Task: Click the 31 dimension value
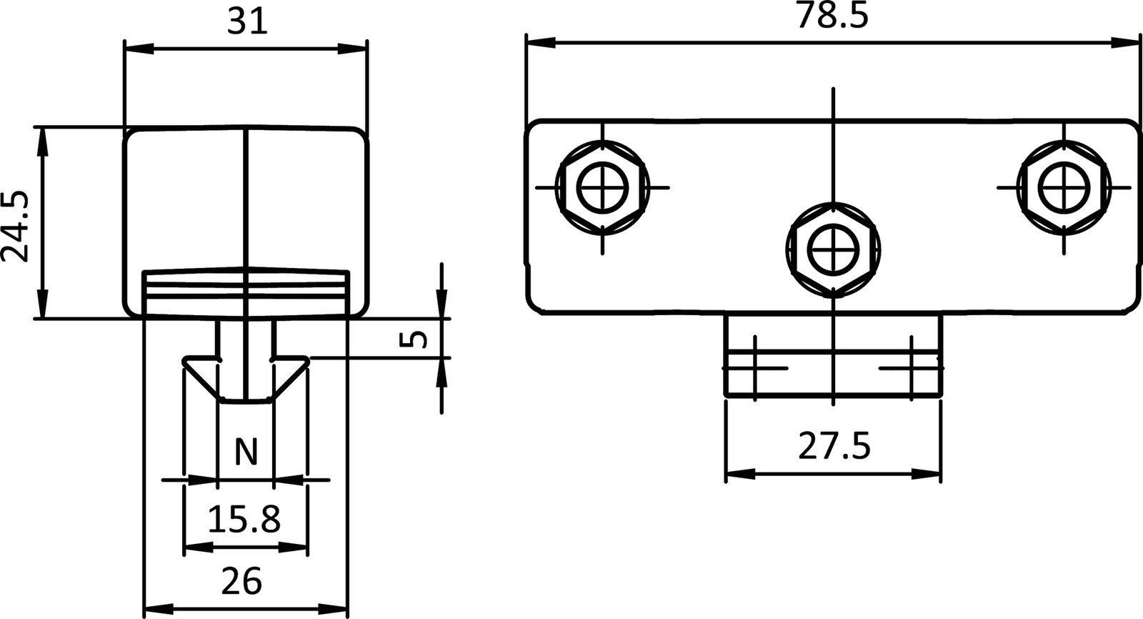pyautogui.click(x=246, y=23)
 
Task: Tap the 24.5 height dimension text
pyautogui.click(x=16, y=227)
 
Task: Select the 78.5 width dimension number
pyautogui.click(x=832, y=16)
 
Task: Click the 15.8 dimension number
pyautogui.click(x=244, y=520)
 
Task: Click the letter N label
pyautogui.click(x=245, y=452)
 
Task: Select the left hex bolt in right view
pyautogui.click(x=602, y=189)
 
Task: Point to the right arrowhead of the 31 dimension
pyautogui.click(x=354, y=49)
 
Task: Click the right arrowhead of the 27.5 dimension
pyautogui.click(x=926, y=473)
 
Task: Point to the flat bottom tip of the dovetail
pyautogui.click(x=245, y=401)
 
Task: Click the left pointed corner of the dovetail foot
pyautogui.click(x=185, y=362)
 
